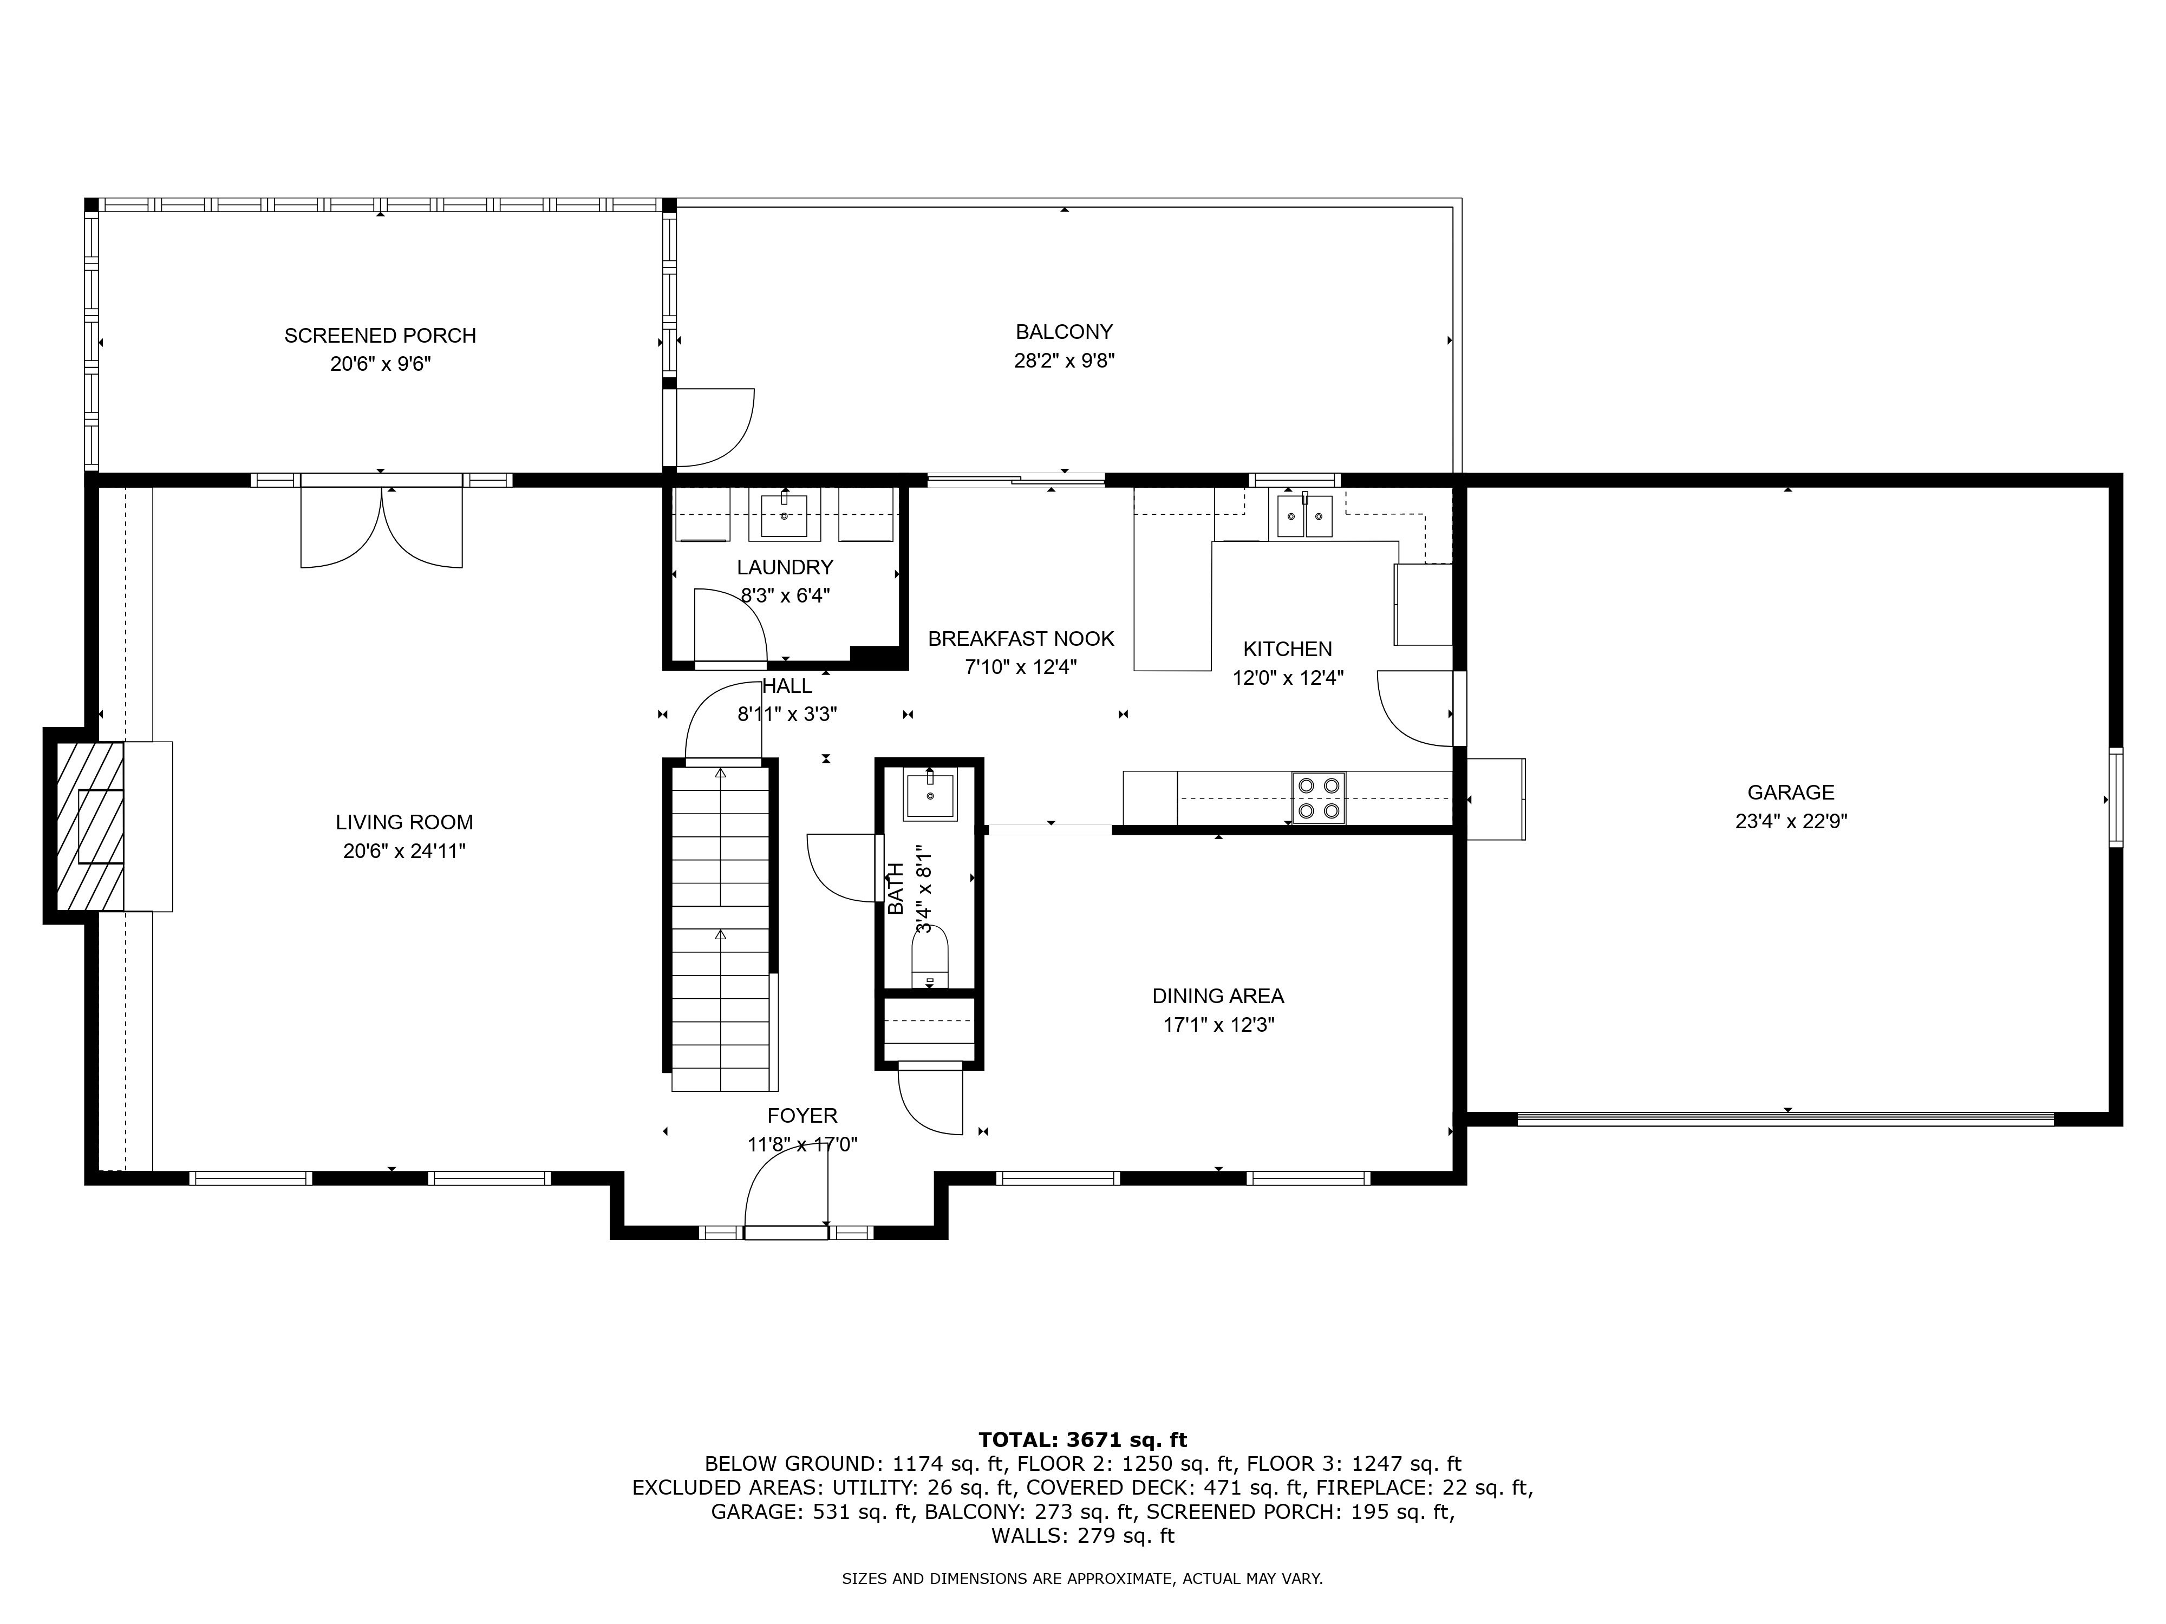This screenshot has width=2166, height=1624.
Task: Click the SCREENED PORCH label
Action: coord(380,336)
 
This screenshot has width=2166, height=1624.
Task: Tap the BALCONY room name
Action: coord(1064,332)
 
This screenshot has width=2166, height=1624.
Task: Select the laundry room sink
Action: coord(784,516)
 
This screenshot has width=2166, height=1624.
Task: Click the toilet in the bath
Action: coord(929,957)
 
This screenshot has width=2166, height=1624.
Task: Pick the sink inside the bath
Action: coord(929,795)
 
